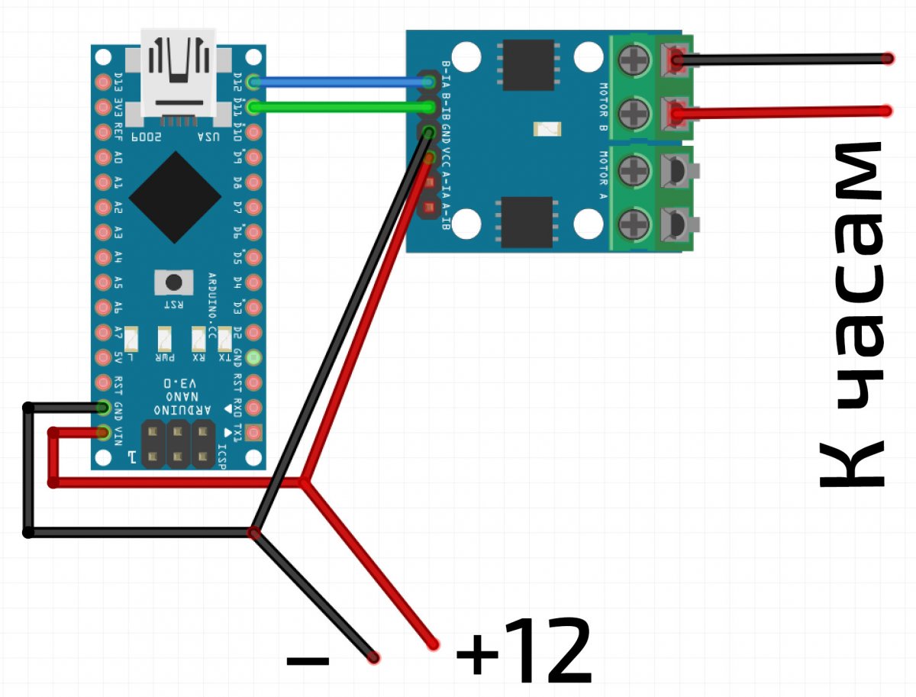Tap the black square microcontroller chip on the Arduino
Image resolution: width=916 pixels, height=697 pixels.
click(170, 197)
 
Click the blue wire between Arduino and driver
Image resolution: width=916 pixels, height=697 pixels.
click(336, 82)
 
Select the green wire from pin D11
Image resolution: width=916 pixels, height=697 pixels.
click(336, 107)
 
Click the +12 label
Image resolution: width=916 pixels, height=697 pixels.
click(524, 650)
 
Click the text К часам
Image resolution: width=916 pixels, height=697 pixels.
click(851, 313)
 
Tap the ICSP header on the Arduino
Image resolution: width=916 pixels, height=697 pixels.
click(178, 444)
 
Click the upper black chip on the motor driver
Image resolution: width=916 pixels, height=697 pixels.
click(527, 65)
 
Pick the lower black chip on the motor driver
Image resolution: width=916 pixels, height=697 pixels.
click(526, 222)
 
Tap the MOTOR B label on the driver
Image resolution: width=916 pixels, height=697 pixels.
click(603, 107)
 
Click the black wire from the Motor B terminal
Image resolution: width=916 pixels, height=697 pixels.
click(779, 59)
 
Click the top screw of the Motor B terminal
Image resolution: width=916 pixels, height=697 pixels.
click(633, 59)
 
